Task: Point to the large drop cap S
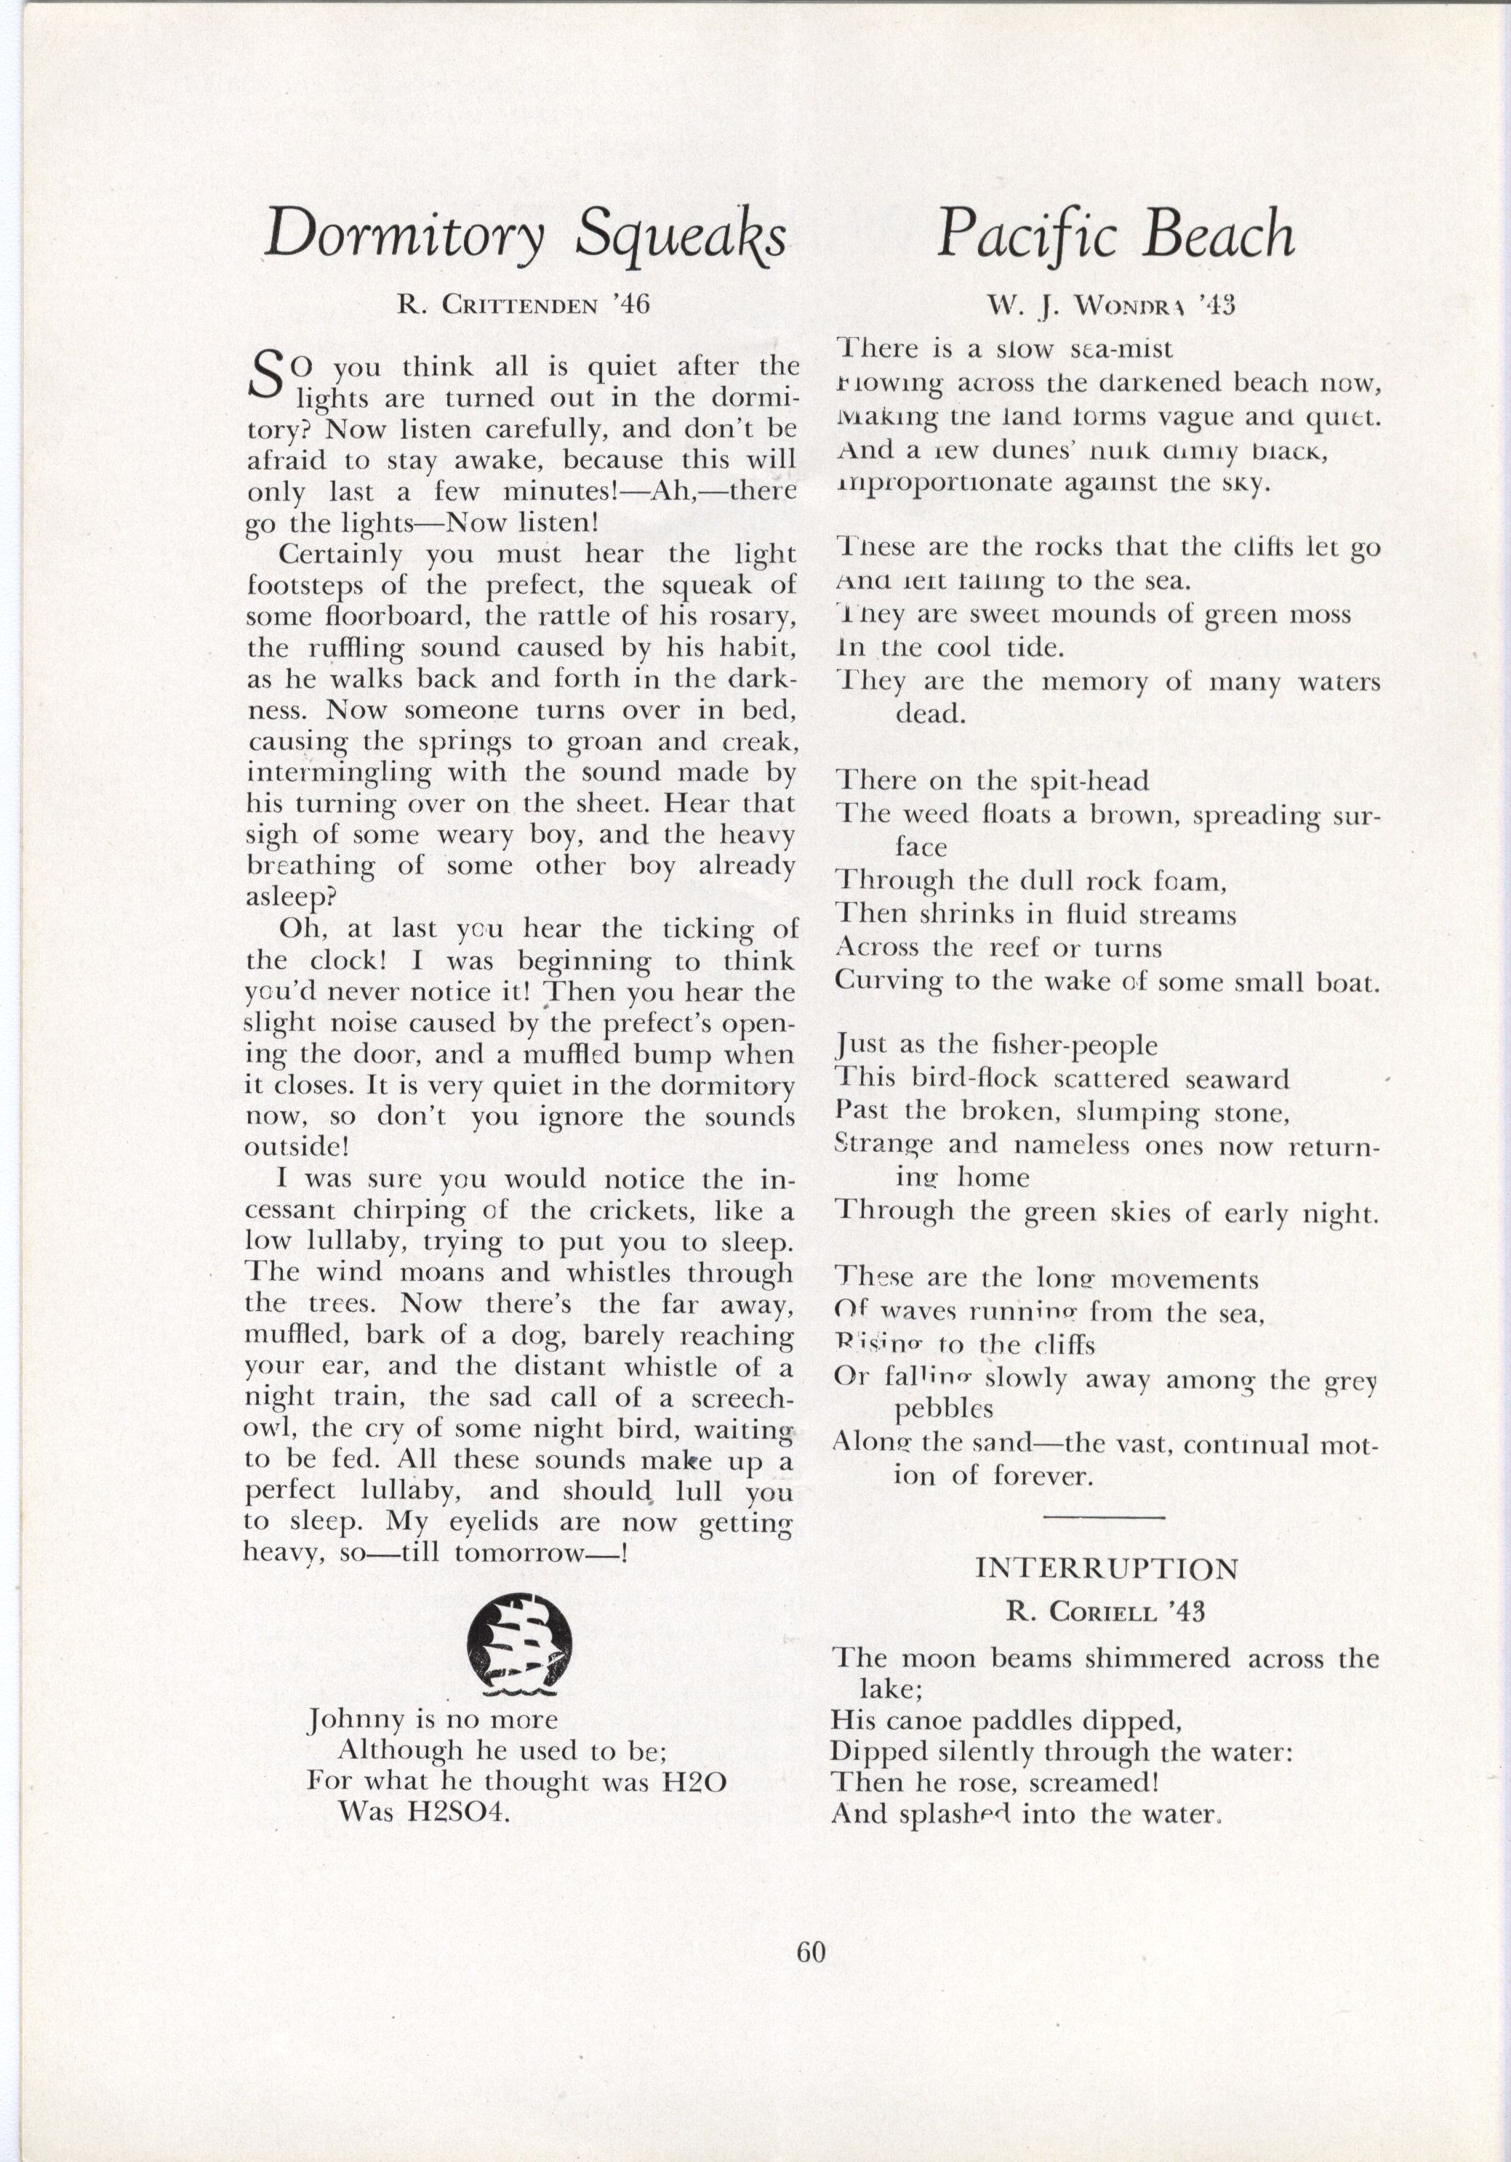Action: click(268, 374)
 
